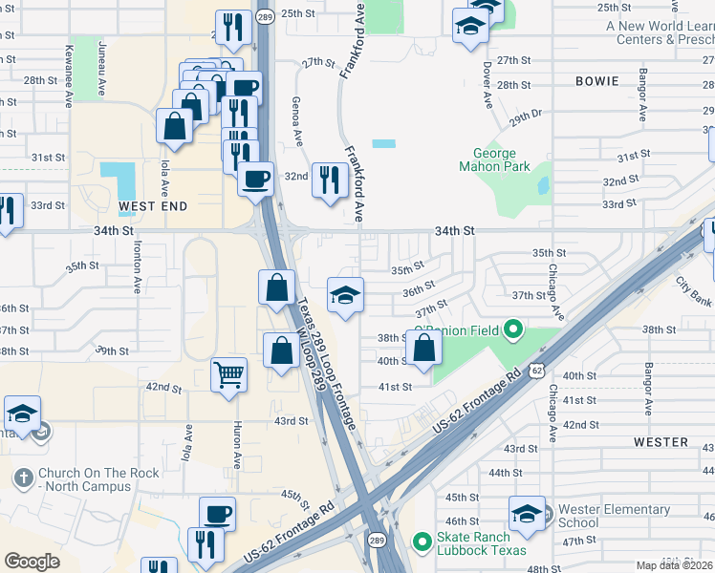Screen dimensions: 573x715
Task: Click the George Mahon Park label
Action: point(494,159)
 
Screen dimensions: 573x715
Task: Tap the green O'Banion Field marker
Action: point(513,331)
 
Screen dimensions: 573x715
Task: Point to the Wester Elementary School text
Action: point(592,516)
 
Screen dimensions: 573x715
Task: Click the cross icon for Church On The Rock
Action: point(24,475)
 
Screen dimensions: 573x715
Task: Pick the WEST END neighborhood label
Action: point(153,205)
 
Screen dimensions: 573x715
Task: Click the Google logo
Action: point(32,562)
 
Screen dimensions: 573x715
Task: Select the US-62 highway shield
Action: point(538,367)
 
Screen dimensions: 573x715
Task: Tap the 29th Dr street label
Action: point(525,117)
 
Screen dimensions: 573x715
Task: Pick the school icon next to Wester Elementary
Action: point(526,514)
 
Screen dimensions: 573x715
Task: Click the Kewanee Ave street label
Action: point(69,63)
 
